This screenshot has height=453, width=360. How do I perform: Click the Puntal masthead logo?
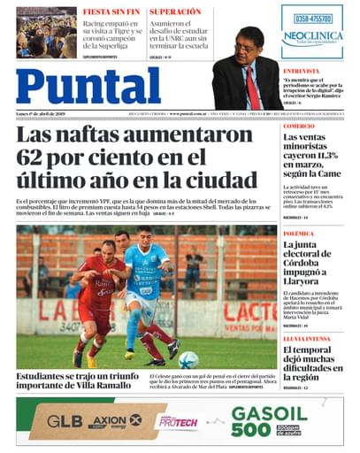(88, 86)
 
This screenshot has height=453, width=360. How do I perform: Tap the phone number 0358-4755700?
(313, 19)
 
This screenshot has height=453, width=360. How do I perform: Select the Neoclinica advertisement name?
(313, 36)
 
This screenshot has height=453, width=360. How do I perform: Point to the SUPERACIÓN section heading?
(175, 12)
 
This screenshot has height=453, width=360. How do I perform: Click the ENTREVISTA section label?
(302, 70)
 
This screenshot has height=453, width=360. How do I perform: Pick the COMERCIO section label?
(299, 127)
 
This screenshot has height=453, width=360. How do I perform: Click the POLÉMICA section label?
(298, 234)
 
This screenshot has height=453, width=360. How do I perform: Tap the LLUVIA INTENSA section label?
(307, 339)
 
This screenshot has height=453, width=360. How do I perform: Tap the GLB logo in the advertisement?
(65, 421)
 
